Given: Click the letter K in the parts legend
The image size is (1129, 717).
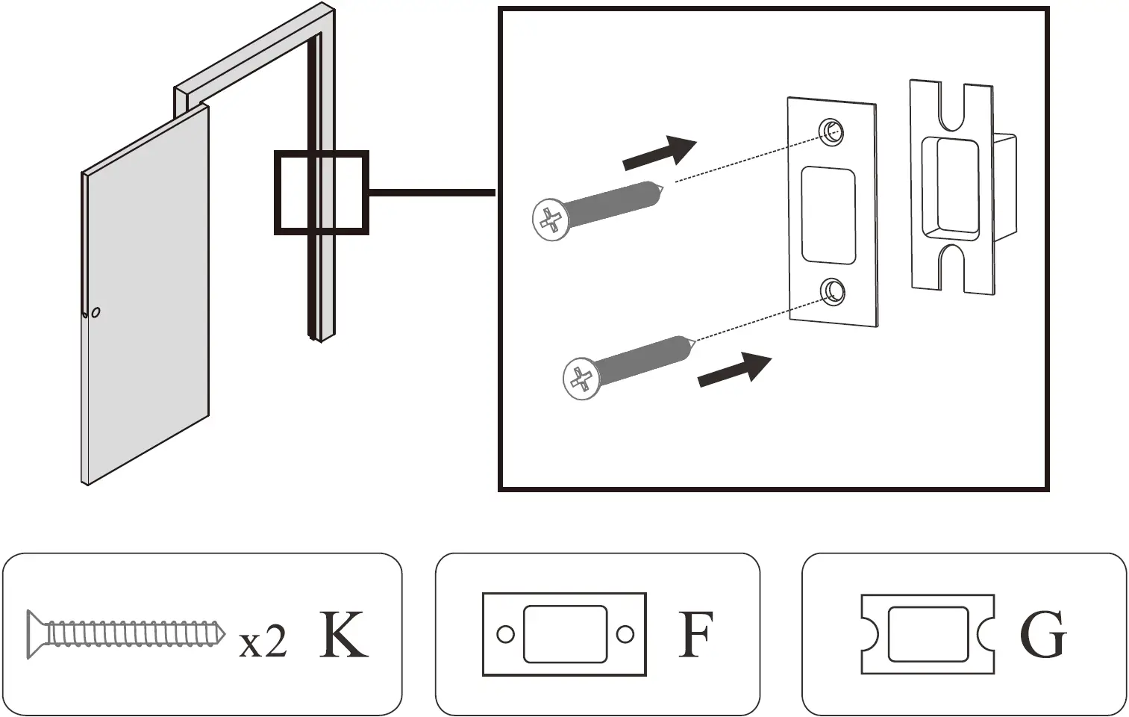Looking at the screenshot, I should click(x=344, y=635).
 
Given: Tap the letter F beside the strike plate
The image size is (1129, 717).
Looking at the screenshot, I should click(x=695, y=635).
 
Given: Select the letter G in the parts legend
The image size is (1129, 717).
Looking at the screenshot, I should click(x=1042, y=635).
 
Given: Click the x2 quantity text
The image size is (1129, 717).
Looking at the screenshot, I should click(x=263, y=642).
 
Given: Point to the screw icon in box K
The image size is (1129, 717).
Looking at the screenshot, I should click(x=126, y=634).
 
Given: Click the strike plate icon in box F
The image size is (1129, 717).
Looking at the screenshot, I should click(x=564, y=634).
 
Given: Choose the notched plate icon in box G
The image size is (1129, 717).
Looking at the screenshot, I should click(x=928, y=634).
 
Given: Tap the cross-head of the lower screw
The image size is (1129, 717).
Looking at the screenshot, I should click(x=581, y=379).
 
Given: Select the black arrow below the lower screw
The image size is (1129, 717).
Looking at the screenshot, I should click(x=734, y=370).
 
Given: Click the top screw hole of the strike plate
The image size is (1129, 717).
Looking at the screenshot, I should click(x=831, y=131).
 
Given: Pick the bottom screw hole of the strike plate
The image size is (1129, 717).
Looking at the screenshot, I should click(x=833, y=291).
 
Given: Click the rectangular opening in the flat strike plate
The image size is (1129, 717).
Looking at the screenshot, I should click(x=828, y=215).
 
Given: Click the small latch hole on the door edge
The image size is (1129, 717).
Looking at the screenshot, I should click(x=96, y=312).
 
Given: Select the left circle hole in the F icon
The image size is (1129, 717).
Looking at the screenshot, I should click(x=505, y=635).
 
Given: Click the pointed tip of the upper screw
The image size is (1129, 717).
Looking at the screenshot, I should click(x=661, y=187).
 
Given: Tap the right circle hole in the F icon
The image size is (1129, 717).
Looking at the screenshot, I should click(x=625, y=635).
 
